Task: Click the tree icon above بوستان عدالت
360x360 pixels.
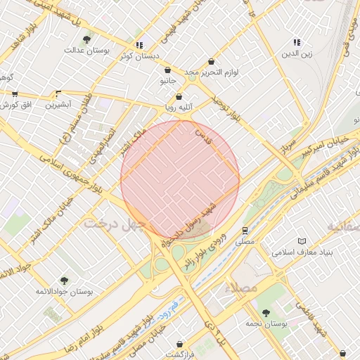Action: click(x=86, y=39)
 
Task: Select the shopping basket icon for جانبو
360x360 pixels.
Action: click(x=167, y=70)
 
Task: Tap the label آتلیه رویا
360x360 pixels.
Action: click(x=179, y=108)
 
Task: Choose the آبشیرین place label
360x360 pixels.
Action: click(x=59, y=105)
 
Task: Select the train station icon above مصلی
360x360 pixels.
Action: click(x=245, y=230)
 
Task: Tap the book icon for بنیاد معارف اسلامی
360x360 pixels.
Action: click(x=302, y=240)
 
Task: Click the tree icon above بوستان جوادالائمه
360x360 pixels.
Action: click(x=65, y=280)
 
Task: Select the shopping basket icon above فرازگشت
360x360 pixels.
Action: click(x=181, y=344)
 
